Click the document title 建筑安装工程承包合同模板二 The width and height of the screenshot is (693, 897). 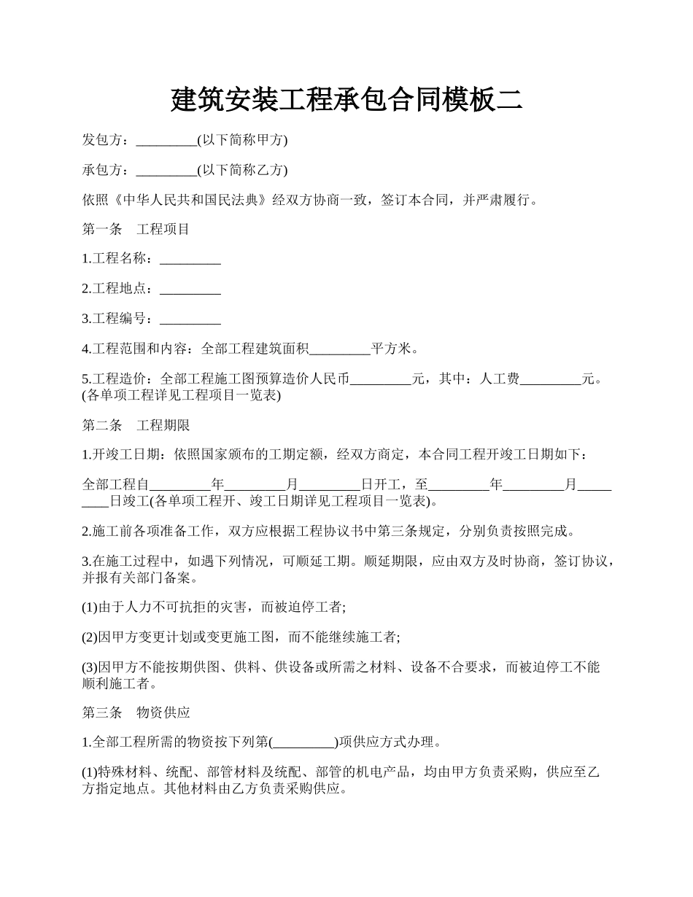tap(346, 100)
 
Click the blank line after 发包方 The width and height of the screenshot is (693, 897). tap(166, 140)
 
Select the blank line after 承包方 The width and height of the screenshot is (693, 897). tap(166, 170)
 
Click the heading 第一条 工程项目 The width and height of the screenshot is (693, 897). tap(136, 230)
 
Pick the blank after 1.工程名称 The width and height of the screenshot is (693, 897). tap(190, 260)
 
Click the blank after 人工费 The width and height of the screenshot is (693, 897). tap(550, 379)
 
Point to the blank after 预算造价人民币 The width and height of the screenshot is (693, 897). tap(381, 379)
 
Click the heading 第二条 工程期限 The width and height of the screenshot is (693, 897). tap(136, 425)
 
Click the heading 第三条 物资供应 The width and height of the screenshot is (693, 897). tap(136, 712)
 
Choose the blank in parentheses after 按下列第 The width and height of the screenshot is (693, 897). tap(303, 743)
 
